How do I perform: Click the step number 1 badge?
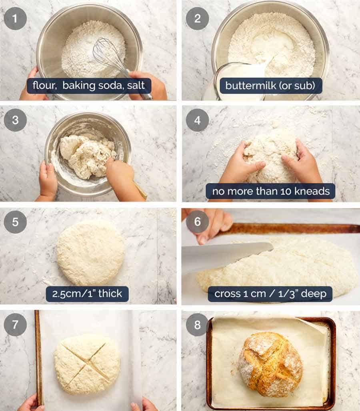click(15, 18)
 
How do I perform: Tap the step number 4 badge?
click(197, 120)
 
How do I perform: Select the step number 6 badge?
click(197, 222)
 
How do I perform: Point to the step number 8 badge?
click(197, 324)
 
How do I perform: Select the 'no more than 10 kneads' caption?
click(271, 191)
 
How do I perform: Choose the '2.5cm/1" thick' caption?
click(87, 294)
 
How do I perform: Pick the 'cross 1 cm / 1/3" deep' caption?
click(270, 294)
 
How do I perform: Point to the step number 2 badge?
click(197, 18)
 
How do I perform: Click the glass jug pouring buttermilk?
click(236, 80)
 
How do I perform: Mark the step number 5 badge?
click(15, 222)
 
